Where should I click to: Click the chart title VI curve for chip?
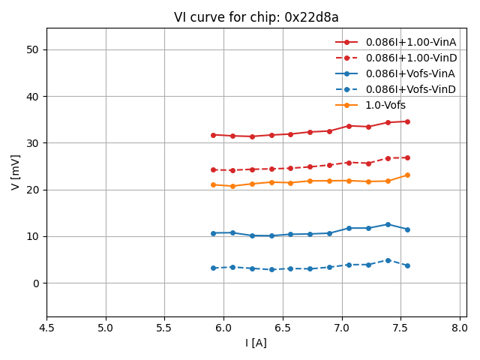256,17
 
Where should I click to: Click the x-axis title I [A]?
256,343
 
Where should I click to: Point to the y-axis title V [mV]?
16,172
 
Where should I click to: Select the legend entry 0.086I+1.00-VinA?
410,42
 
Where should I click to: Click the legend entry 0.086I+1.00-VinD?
410,58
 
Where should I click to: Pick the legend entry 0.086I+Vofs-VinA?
410,73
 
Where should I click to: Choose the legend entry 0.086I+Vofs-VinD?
410,89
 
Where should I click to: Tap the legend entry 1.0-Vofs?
385,105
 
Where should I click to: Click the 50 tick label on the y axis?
33,49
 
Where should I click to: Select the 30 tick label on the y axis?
33,143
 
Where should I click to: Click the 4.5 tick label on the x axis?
46,328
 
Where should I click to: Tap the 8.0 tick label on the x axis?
460,328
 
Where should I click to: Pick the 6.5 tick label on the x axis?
283,328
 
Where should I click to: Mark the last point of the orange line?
407,175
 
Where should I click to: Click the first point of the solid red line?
213,135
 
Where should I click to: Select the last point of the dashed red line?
407,157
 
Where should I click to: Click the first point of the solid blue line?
213,233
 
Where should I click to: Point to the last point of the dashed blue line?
407,265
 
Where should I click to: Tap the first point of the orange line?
213,184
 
